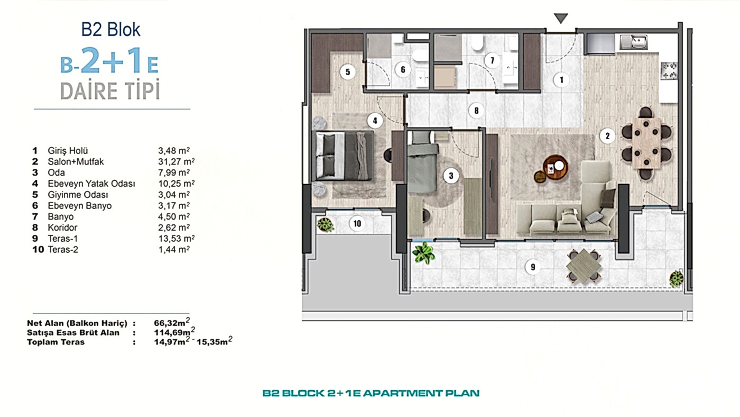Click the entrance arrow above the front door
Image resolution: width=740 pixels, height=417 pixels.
[561, 18]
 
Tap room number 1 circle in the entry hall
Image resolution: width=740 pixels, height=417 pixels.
[561, 80]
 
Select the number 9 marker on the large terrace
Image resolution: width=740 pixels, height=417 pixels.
[533, 267]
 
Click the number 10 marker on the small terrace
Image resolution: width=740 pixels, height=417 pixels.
[357, 223]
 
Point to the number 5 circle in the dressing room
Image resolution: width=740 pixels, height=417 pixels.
[348, 72]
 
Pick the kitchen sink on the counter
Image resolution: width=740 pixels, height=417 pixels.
[633, 42]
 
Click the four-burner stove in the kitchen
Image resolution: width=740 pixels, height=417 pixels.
[669, 71]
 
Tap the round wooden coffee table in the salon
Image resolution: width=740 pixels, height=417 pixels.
[556, 167]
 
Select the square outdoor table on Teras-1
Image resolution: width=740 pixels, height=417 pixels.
[584, 266]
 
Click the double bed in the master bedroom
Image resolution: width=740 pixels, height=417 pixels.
[345, 156]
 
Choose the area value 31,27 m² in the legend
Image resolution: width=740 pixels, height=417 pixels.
[176, 162]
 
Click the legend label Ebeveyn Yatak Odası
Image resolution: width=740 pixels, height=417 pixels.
[91, 184]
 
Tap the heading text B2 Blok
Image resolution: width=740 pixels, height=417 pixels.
[110, 30]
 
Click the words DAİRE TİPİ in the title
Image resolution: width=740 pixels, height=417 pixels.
[110, 89]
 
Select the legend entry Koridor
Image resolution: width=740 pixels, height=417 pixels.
[62, 228]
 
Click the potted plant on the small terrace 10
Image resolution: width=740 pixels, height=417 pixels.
[326, 225]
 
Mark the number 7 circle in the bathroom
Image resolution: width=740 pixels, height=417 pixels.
[492, 60]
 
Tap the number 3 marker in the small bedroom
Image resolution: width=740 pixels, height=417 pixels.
[451, 176]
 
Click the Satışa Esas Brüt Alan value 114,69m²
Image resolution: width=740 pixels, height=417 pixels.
[174, 332]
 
